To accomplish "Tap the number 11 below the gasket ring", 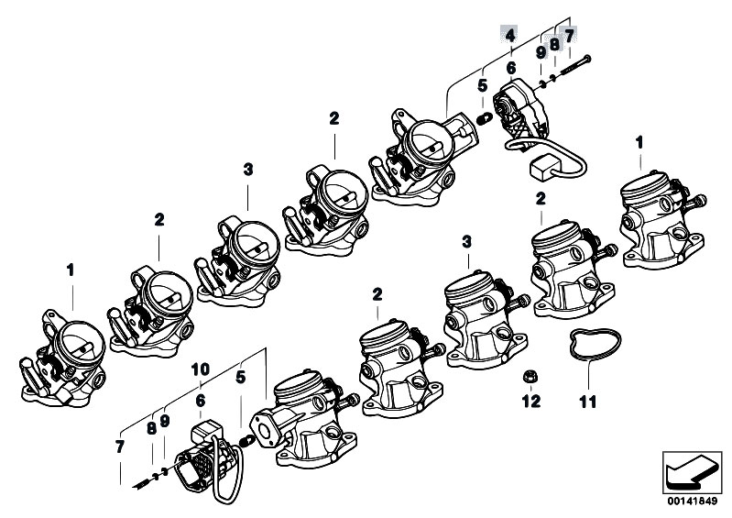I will point(587,401).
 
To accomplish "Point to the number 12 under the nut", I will point(531,401).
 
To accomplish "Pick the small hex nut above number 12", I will point(531,377).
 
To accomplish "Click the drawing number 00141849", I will point(693,502).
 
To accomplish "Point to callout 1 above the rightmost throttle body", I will point(639,142).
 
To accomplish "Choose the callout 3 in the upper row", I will point(247,170).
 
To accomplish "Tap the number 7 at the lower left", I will point(120,446).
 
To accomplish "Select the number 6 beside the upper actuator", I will point(510,68).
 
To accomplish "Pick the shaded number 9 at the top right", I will point(541,53).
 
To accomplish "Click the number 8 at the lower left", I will point(151,427).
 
